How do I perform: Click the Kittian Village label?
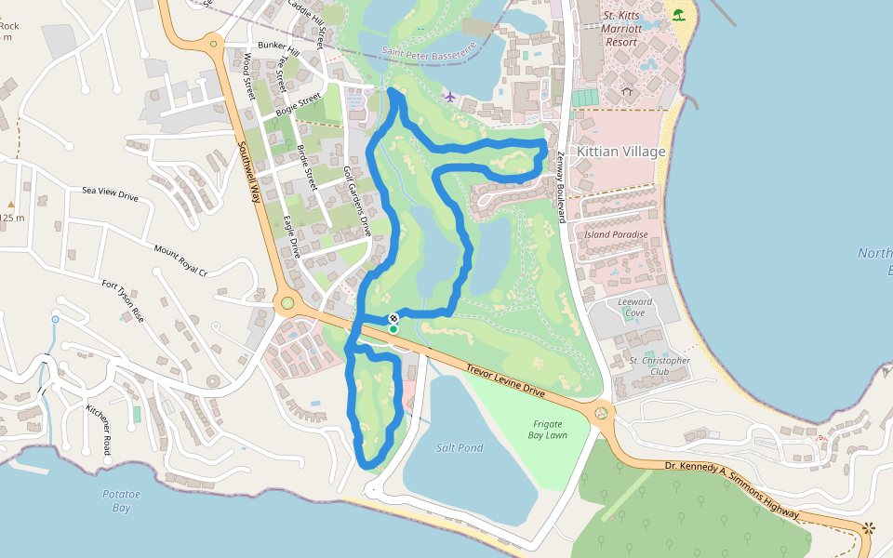[x=621, y=151]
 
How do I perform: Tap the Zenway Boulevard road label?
[x=561, y=187]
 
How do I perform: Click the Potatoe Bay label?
[x=121, y=500]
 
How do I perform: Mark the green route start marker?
[x=393, y=329]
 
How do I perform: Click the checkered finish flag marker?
[x=393, y=319]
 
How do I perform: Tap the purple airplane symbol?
[x=450, y=97]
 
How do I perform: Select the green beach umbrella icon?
[x=678, y=14]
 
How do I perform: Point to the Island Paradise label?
[x=616, y=235]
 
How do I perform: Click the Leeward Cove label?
[x=635, y=307]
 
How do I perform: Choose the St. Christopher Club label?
[x=660, y=365]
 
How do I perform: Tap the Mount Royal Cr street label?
[x=180, y=260]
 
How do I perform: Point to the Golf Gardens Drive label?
[x=357, y=201]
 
